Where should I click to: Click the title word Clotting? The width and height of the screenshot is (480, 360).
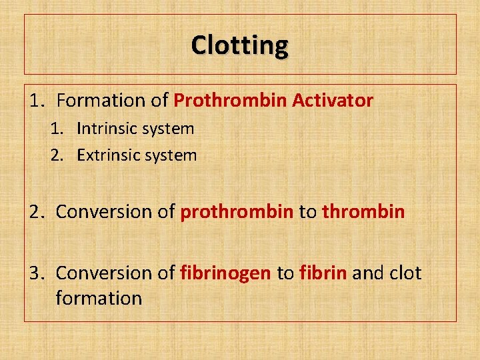point(240,45)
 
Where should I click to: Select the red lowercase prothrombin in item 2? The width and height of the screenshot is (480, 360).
point(237,212)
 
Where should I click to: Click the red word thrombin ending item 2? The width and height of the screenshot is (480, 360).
point(363,212)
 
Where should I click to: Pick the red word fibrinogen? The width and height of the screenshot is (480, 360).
point(225,273)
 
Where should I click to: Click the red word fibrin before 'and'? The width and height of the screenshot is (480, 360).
point(323,273)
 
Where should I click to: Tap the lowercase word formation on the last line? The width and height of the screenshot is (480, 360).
point(99,298)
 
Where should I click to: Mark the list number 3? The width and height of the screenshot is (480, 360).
point(35,273)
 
